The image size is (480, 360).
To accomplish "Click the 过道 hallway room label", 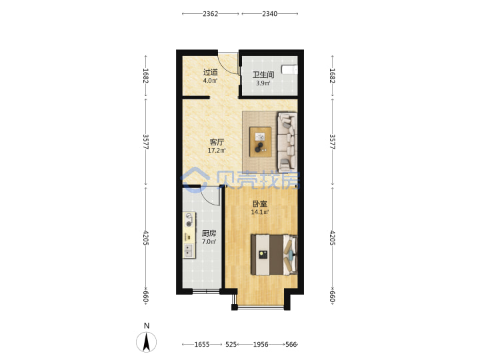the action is [211, 73].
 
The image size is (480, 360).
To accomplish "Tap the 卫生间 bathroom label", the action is [263, 75].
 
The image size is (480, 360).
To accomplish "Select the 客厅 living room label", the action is [217, 142].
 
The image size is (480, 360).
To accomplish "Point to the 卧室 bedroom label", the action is [260, 203].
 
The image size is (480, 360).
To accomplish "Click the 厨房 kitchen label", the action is [209, 233].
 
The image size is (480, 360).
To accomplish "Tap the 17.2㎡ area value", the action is [217, 150].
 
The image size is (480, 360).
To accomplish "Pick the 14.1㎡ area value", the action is [260, 212].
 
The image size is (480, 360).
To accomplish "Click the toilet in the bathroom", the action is [289, 69].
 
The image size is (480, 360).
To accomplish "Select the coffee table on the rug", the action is [260, 142].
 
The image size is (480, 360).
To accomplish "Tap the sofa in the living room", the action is [287, 142].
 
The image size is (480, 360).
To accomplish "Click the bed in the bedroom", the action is [274, 255].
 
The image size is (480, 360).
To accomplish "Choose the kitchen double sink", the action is [189, 251].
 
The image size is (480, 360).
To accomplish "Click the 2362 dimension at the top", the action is [210, 14].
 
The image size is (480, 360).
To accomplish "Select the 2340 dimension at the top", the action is [270, 14].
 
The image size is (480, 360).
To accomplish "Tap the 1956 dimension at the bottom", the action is [261, 345].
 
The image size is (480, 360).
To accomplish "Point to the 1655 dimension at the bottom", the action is [202, 345].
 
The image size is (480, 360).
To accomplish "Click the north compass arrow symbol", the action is [146, 342].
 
